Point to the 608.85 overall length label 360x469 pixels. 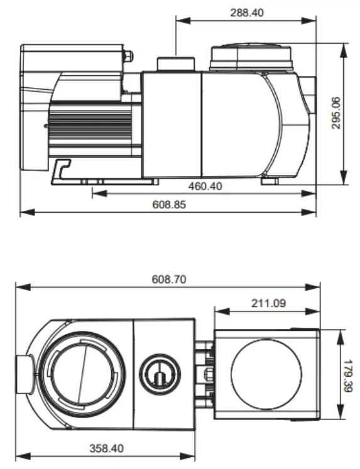point(169,204)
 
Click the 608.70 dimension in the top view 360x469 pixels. point(168,280)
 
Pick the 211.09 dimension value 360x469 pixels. point(268,303)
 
